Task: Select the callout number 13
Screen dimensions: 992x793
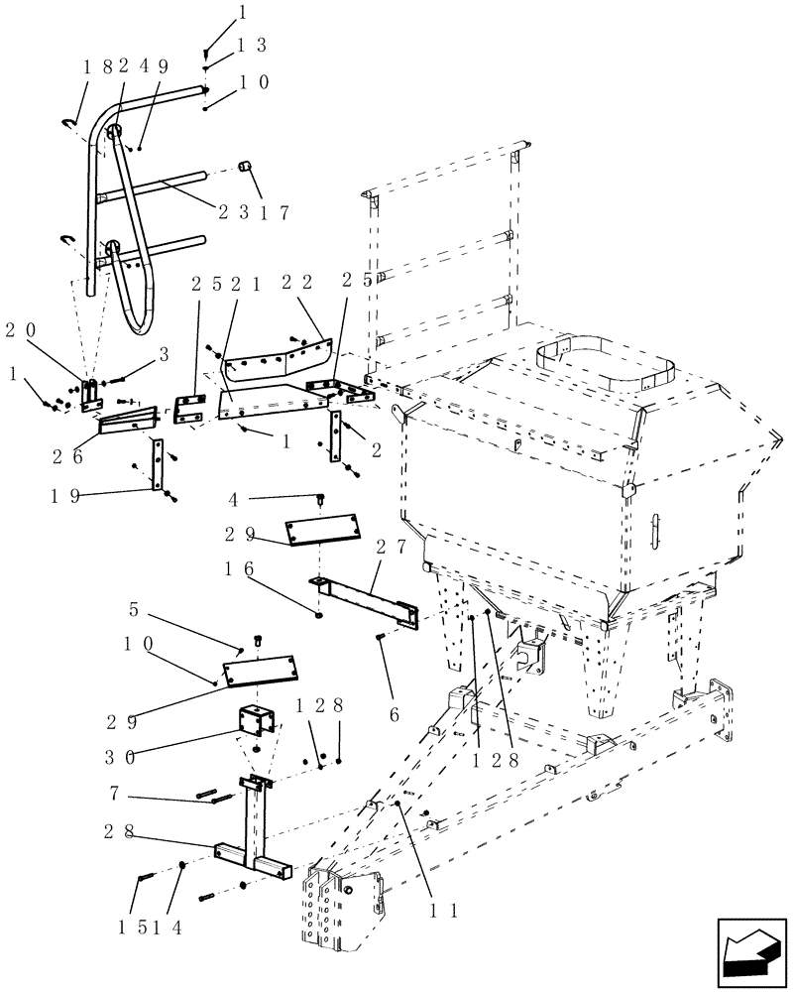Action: tap(228, 45)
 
